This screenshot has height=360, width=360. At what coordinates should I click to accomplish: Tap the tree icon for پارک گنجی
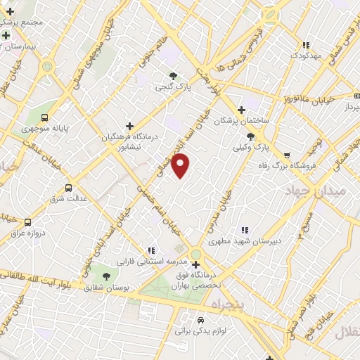pyautogui.click(x=172, y=75)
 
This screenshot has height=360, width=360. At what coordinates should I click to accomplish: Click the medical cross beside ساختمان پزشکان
pyautogui.click(x=242, y=110)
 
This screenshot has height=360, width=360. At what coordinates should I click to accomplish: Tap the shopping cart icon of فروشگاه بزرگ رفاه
pyautogui.click(x=286, y=155)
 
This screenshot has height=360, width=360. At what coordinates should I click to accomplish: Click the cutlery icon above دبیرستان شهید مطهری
pyautogui.click(x=245, y=229)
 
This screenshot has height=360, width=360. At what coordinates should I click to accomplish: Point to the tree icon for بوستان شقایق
pyautogui.click(x=106, y=277)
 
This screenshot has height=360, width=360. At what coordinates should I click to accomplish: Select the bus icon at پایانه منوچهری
pyautogui.click(x=46, y=118)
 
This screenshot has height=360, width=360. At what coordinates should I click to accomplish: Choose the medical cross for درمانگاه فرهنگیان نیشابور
pyautogui.click(x=129, y=125)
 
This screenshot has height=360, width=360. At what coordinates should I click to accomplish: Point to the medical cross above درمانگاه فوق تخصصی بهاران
pyautogui.click(x=195, y=265)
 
